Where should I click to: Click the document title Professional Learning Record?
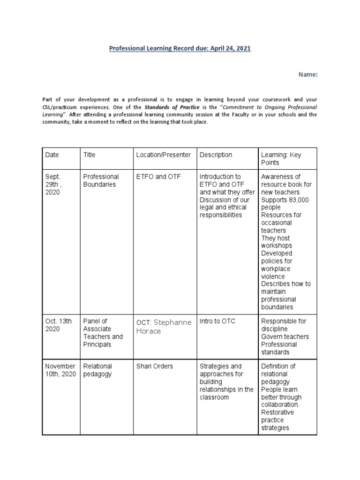point(180,48)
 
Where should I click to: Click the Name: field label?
point(308,74)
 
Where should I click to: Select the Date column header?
point(52,155)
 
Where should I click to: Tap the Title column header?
point(89,155)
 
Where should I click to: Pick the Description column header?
point(216,155)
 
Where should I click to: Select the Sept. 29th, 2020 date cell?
point(53,184)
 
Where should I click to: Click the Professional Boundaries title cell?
point(101,180)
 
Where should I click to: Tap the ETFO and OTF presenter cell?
point(158,177)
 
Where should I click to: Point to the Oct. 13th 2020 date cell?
point(59,325)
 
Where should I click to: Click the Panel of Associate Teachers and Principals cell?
point(103,333)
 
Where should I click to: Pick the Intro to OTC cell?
point(217,321)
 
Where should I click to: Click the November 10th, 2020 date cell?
point(60,370)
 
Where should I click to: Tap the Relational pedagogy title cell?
point(97,370)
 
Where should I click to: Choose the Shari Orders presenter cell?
point(154,366)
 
